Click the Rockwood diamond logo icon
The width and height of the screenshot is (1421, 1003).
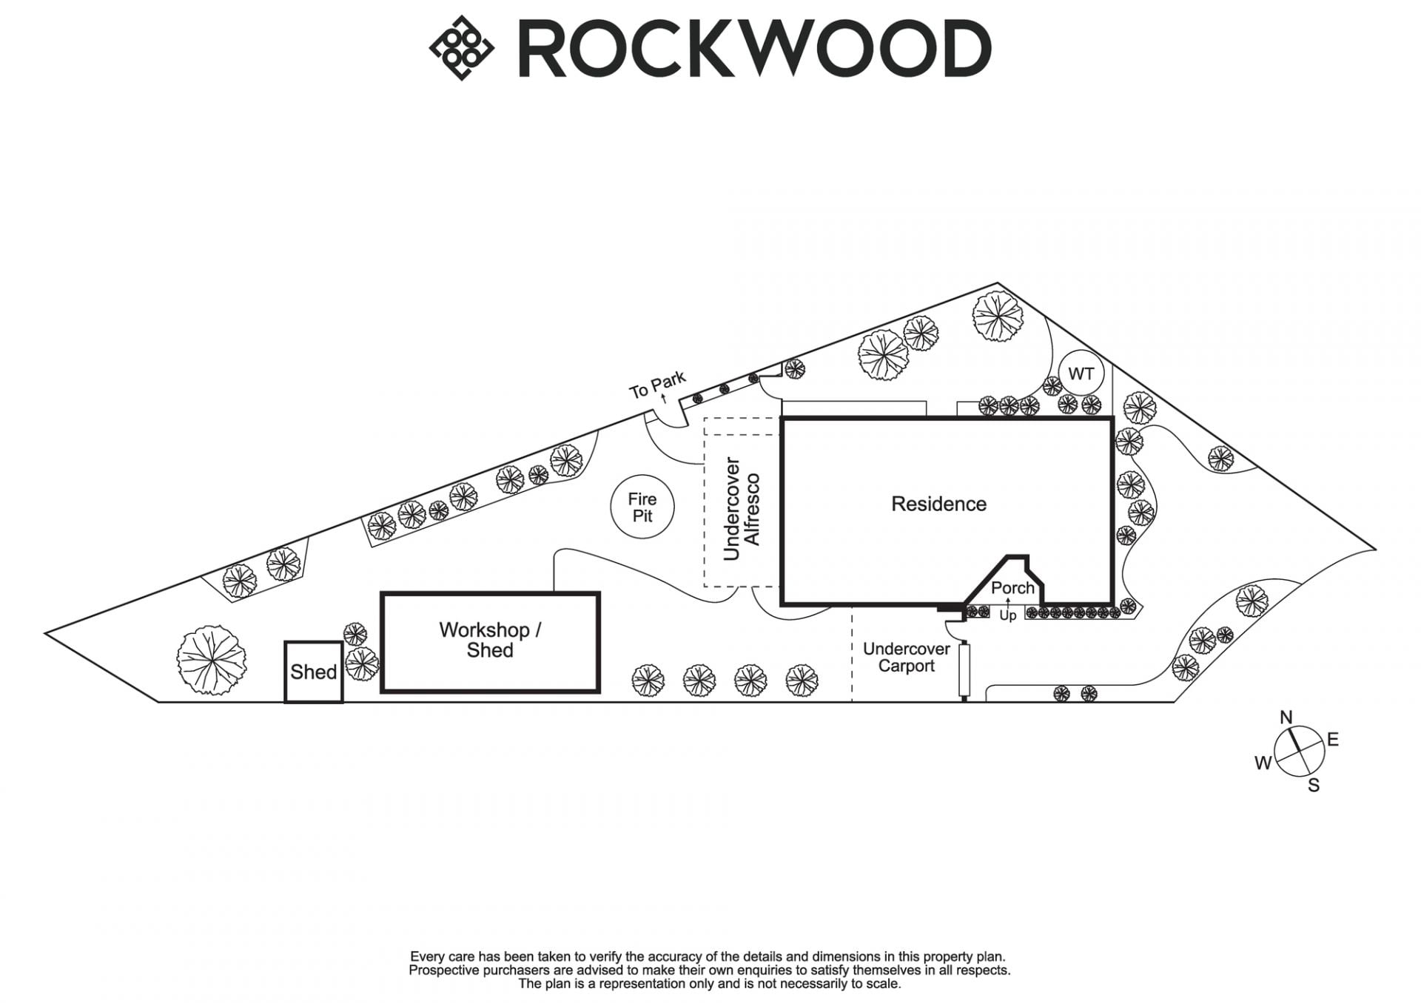pos(462,48)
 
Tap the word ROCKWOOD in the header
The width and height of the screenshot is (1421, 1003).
pos(754,49)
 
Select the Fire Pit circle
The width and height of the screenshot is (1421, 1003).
pos(642,507)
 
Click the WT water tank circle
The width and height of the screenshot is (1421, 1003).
pos(1081,374)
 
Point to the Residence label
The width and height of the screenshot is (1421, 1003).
pos(938,504)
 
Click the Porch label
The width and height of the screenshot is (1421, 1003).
pos(1012,588)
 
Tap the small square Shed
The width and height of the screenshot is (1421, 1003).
pos(314,672)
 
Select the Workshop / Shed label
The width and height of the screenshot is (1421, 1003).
pos(490,641)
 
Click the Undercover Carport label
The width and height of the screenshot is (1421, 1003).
pos(906,657)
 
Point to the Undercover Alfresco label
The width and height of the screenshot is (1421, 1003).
pos(741,509)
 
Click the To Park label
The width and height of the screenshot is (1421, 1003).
pos(657,385)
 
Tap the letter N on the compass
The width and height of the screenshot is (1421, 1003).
pos(1286,717)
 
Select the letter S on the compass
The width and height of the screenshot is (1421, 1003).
pos(1314,786)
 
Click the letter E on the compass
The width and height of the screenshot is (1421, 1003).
pos(1333,740)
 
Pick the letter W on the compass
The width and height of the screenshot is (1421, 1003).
pos(1263,763)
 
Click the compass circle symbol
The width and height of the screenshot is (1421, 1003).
pos(1299,752)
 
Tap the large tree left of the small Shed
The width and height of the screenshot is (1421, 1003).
pos(212,659)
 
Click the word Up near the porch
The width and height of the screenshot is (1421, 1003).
pos(1007,615)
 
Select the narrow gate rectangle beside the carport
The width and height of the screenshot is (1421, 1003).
pos(964,670)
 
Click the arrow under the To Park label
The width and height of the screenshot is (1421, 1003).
pos(664,399)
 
